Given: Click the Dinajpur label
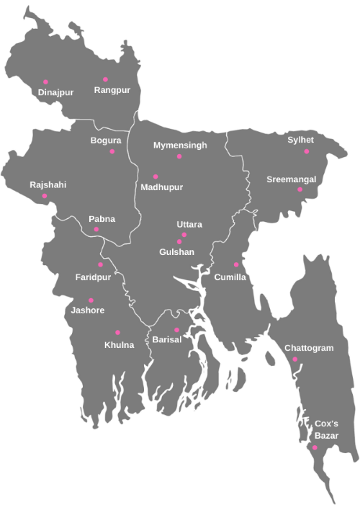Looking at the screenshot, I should tap(55, 92).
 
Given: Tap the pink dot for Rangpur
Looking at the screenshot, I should tap(105, 79).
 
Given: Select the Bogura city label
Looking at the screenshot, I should tap(106, 140).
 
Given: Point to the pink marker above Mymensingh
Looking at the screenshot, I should tap(179, 156).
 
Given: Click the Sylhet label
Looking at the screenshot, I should tap(301, 140).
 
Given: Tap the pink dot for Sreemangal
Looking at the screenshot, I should tap(300, 189).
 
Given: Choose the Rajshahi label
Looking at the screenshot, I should tap(48, 185).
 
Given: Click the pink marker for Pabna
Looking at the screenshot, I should tap(96, 230).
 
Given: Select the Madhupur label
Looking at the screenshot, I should tap(162, 187).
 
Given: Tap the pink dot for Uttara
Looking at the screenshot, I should tap(184, 235).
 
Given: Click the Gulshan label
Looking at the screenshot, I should tap(177, 252).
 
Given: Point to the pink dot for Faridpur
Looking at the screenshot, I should tap(100, 264).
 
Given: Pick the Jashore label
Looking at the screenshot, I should tap(89, 310).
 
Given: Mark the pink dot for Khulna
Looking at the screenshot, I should tap(117, 332).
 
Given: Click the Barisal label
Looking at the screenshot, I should tap(166, 339).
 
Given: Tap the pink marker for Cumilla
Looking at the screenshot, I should tap(236, 265).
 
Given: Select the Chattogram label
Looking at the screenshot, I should tap(309, 348).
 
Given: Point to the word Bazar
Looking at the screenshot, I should tap(327, 436).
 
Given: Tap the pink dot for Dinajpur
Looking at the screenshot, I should tap(45, 81).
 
